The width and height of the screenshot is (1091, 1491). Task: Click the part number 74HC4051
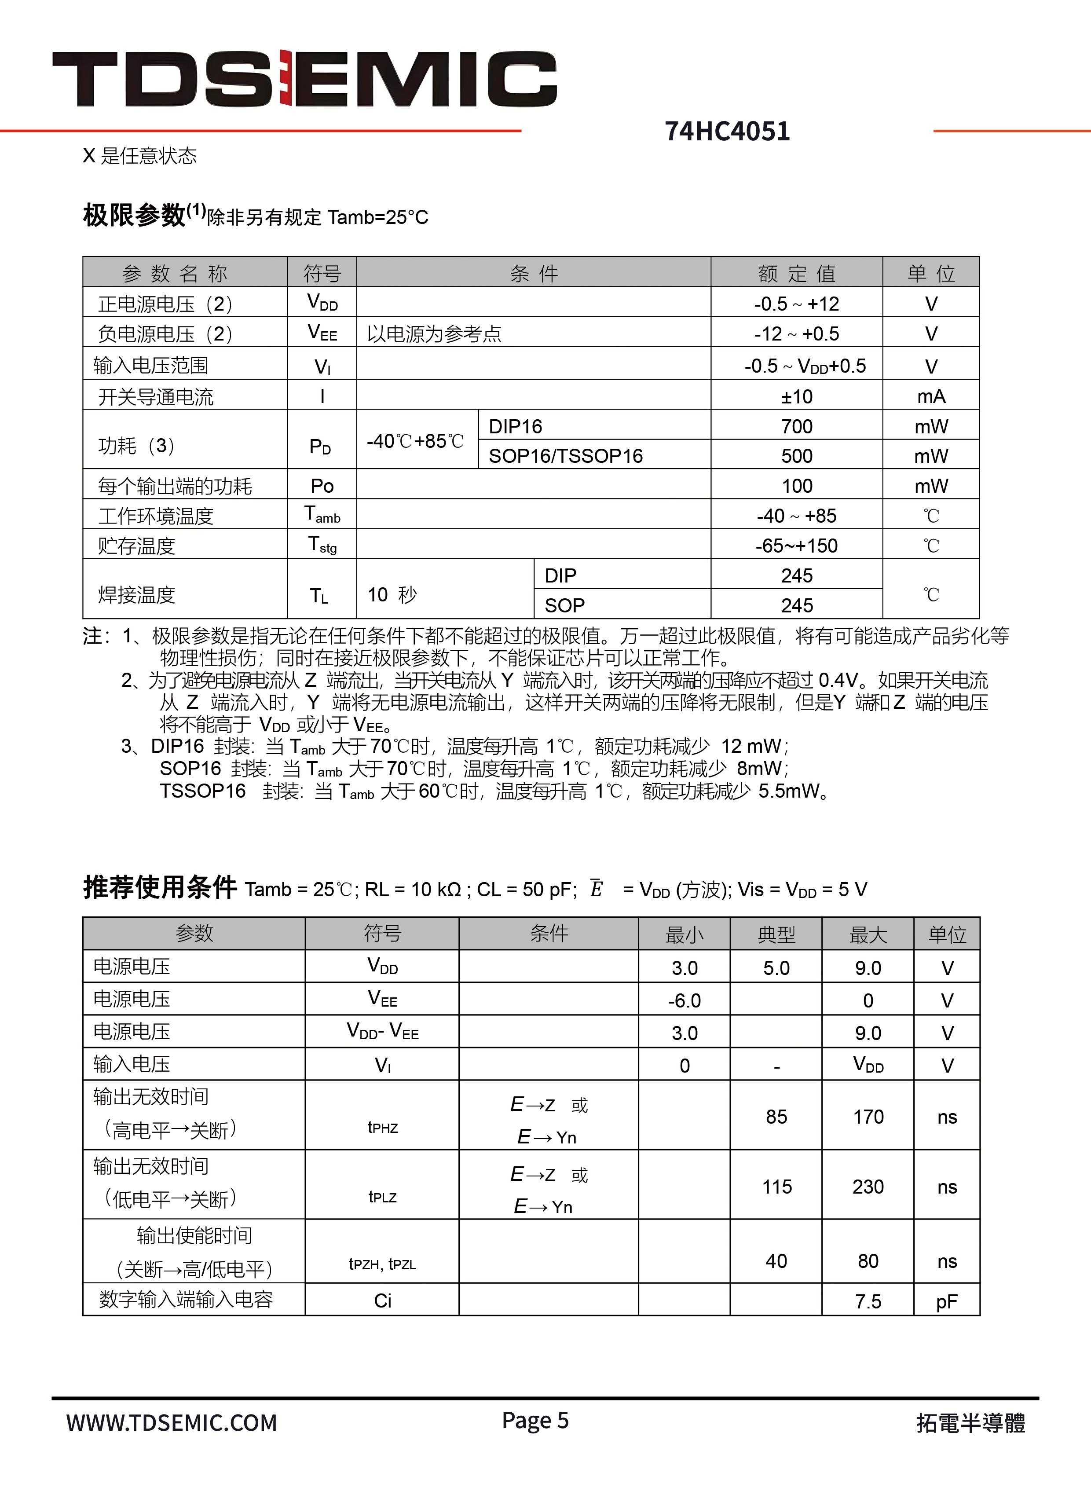727,132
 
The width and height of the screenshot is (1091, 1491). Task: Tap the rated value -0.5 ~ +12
796,304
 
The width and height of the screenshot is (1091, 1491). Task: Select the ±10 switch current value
796,396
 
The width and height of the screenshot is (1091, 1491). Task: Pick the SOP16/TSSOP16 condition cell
565,456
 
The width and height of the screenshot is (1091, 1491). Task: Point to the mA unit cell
930,396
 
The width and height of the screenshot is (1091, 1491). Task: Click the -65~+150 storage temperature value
796,546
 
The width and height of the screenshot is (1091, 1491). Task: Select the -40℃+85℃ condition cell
415,440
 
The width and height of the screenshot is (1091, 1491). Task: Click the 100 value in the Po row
796,486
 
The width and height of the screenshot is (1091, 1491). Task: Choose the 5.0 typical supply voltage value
776,968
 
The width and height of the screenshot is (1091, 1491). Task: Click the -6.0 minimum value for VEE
684,1000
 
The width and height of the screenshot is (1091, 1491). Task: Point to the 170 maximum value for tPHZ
868,1117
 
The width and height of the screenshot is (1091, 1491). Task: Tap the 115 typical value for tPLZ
776,1187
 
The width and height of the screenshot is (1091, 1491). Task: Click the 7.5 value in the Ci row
868,1301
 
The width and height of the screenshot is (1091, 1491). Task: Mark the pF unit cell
946,1301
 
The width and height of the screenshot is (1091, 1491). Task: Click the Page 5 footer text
535,1420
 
